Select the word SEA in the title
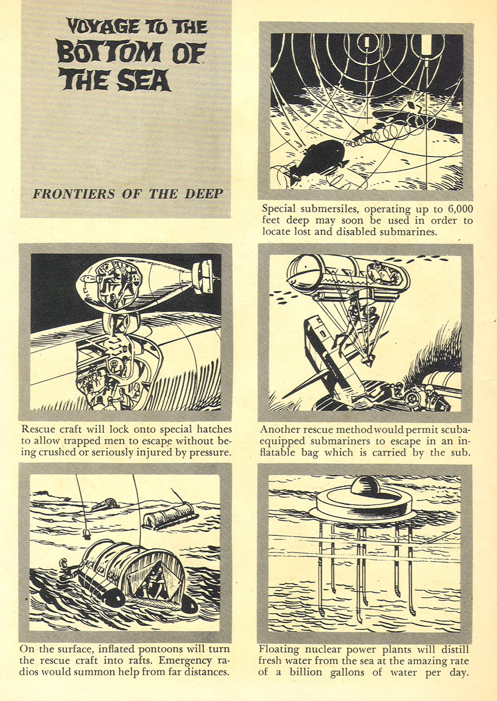coord(144,80)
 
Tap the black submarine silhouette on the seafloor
coord(320,154)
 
